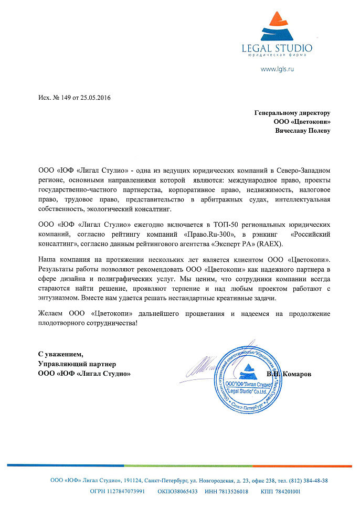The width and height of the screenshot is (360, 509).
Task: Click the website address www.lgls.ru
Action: (x=277, y=69)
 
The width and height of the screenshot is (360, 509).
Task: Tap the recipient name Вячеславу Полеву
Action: (x=303, y=131)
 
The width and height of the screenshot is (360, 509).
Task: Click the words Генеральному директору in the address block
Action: (x=292, y=112)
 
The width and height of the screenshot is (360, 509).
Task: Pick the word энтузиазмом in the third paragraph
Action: (x=59, y=298)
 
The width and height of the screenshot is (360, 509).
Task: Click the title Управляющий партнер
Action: (x=77, y=364)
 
